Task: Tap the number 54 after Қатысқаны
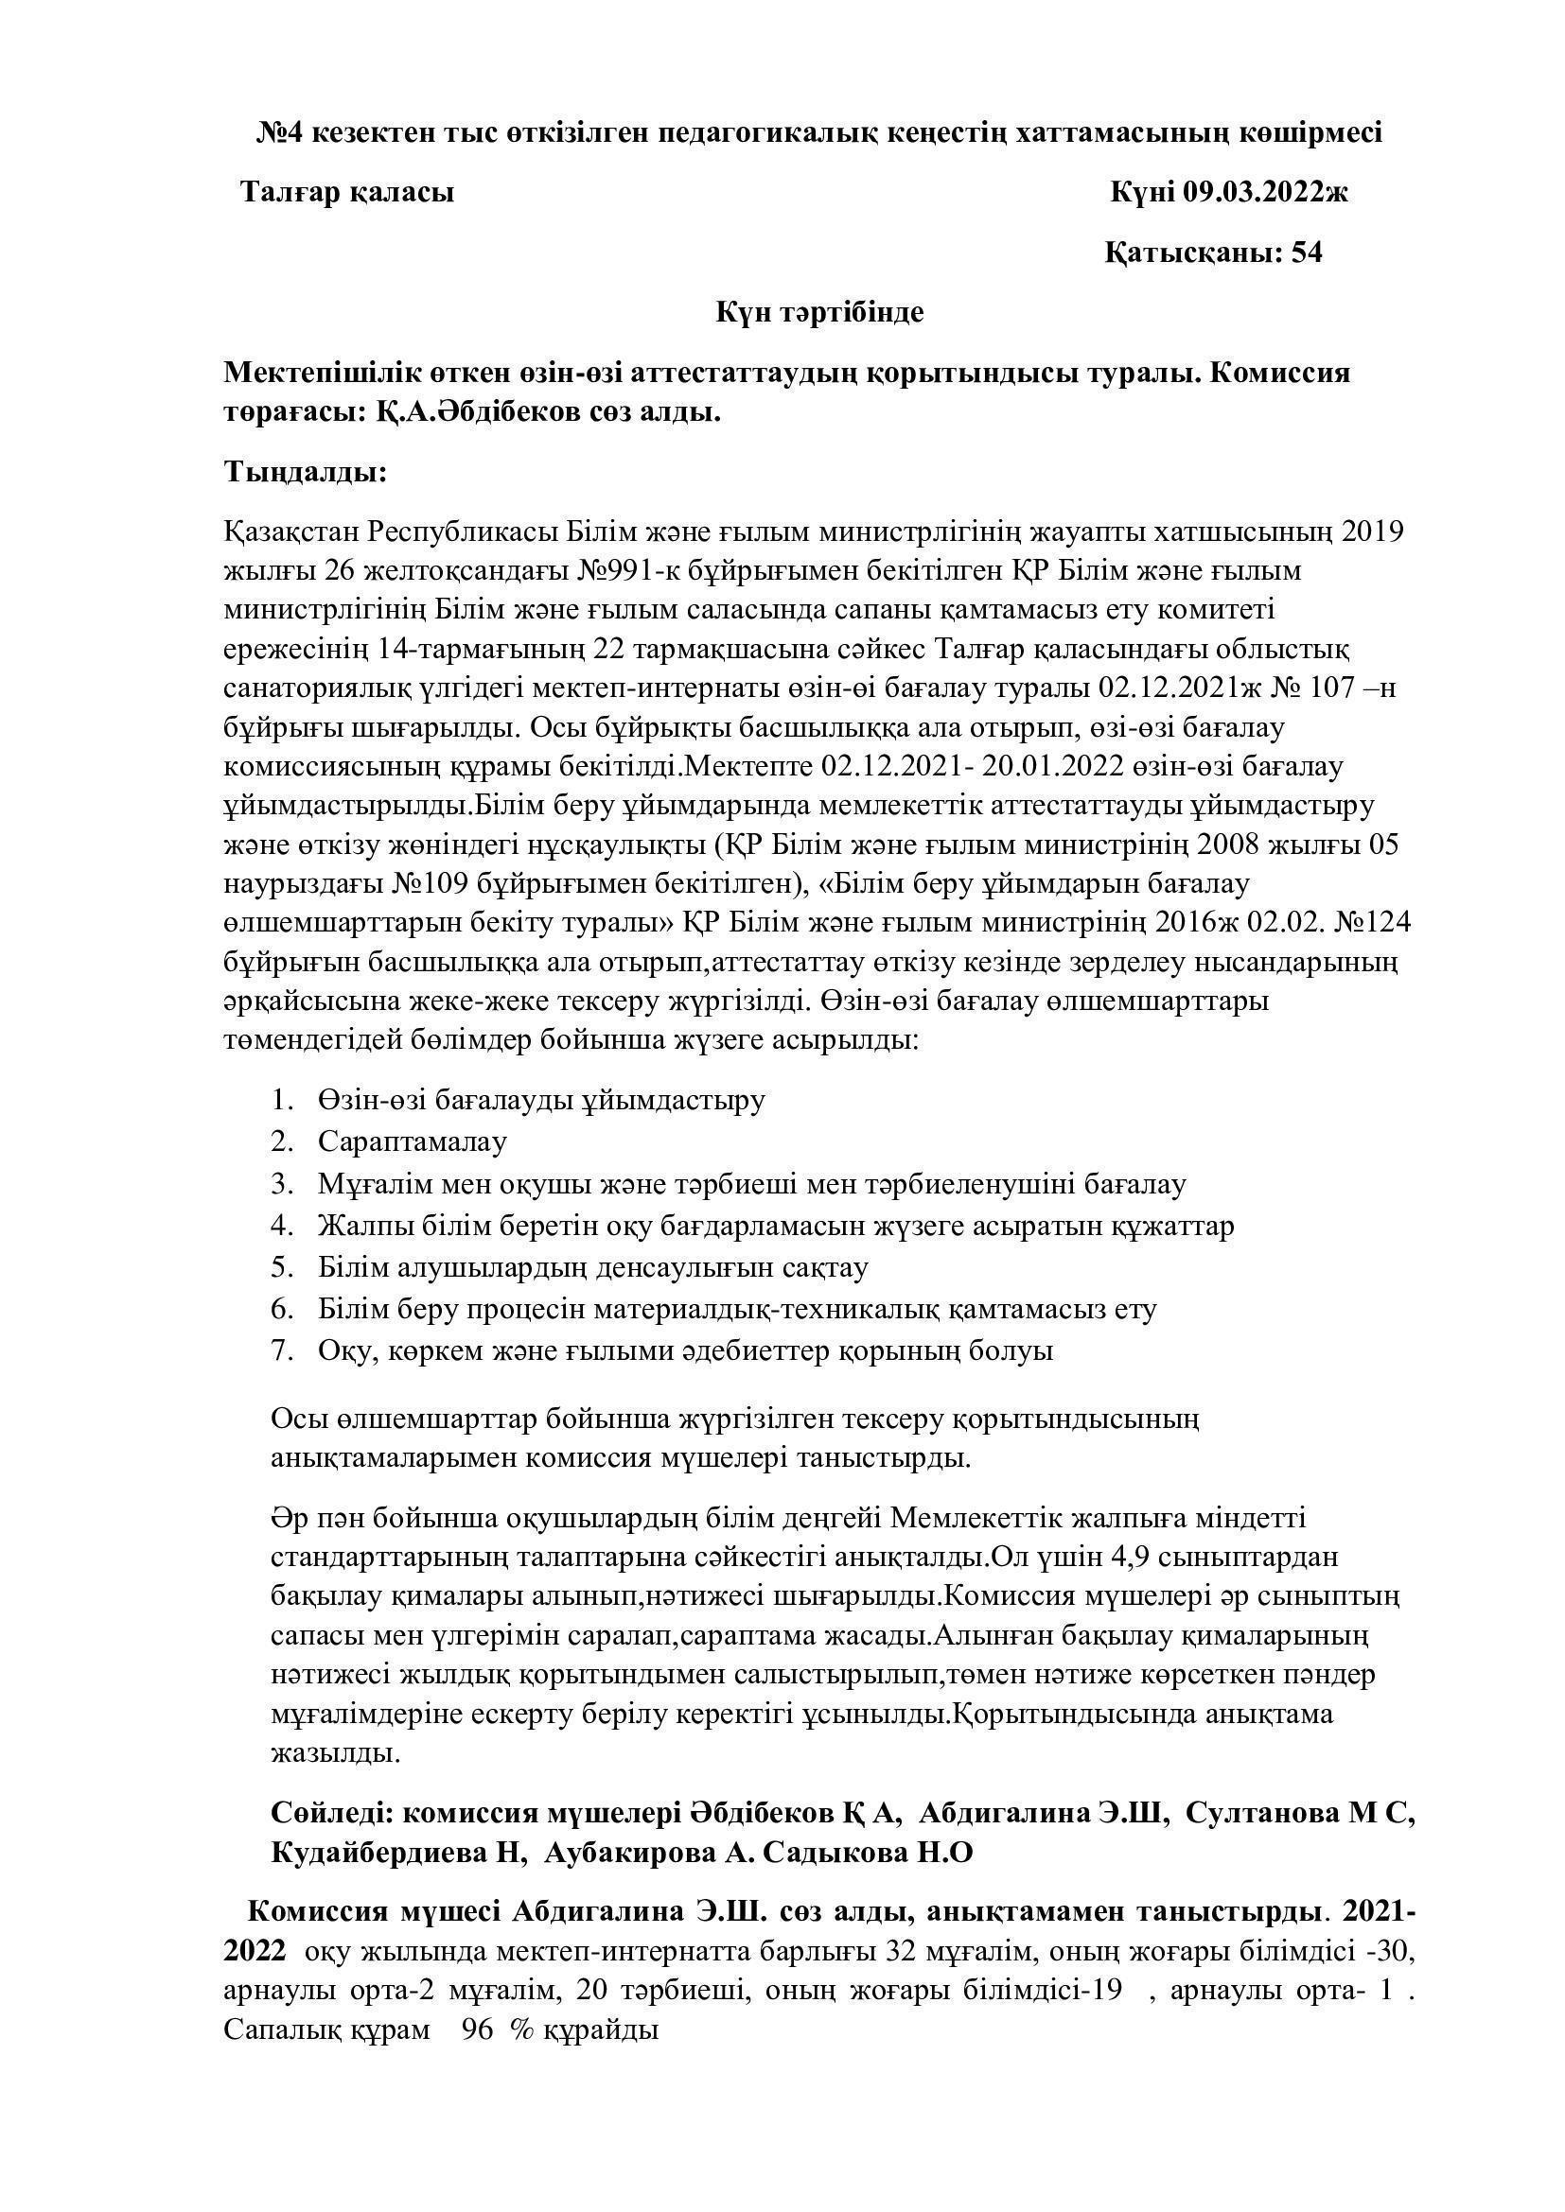pos(1306,253)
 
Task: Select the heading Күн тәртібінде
pos(818,312)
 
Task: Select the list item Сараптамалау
pos(413,1141)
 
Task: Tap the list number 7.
pos(281,1350)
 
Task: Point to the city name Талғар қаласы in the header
pos(347,193)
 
